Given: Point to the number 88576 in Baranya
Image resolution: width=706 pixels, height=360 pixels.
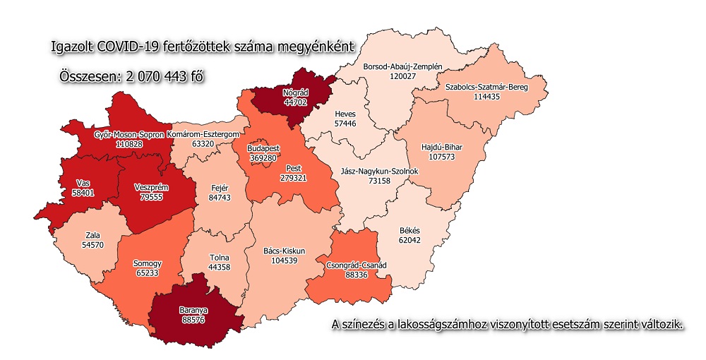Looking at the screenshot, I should (192, 319).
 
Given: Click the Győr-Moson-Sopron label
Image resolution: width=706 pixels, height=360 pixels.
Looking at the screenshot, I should (129, 134).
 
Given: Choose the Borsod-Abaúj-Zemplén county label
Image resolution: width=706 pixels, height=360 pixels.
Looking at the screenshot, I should (402, 66).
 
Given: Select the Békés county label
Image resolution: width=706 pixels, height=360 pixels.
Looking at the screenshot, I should (409, 231).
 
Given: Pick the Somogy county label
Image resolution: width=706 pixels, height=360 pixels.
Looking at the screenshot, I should (147, 263).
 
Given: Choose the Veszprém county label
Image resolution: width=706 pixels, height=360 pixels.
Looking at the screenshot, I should (148, 188).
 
